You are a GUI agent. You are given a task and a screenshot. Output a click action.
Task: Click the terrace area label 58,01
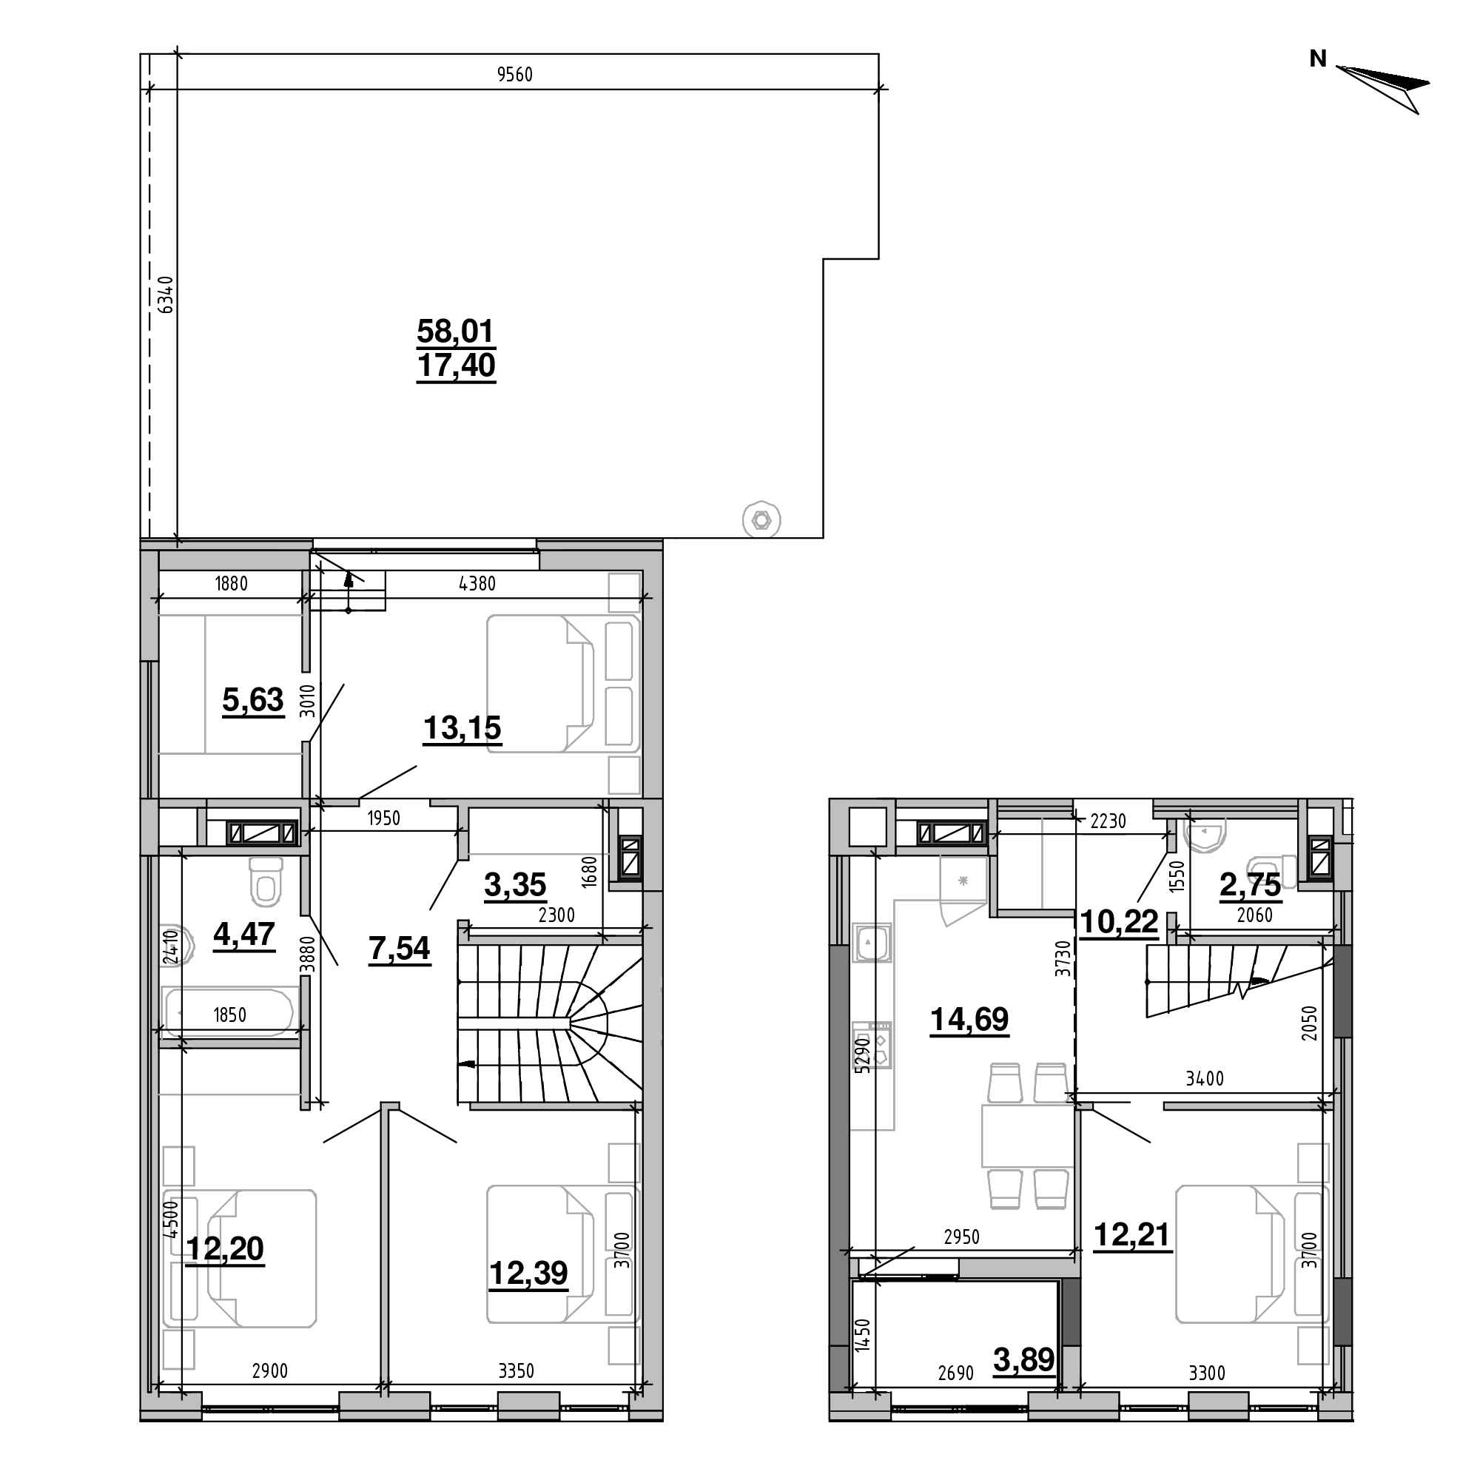(x=456, y=331)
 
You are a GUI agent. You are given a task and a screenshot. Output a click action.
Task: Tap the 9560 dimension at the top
(x=514, y=74)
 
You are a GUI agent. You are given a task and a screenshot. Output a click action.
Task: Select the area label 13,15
(x=462, y=727)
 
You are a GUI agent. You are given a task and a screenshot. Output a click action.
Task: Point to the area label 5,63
(x=253, y=699)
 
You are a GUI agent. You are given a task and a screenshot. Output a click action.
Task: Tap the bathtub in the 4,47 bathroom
(x=228, y=1012)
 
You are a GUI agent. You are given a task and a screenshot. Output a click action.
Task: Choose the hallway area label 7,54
(x=399, y=949)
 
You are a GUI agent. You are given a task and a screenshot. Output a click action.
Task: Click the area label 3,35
(x=515, y=885)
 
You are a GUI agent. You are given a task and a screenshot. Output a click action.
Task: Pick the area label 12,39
(x=528, y=1273)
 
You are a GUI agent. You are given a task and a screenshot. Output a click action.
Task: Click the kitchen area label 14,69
(x=969, y=1020)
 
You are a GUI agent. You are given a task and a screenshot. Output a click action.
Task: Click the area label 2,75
(x=1250, y=885)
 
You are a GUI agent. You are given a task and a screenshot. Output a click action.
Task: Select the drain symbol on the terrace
(x=761, y=520)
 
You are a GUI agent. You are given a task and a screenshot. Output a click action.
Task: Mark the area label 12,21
(x=1132, y=1235)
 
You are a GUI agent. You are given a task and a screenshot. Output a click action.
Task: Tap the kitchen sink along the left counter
(x=872, y=943)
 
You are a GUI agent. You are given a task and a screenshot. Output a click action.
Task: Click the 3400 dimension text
(x=1205, y=1079)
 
